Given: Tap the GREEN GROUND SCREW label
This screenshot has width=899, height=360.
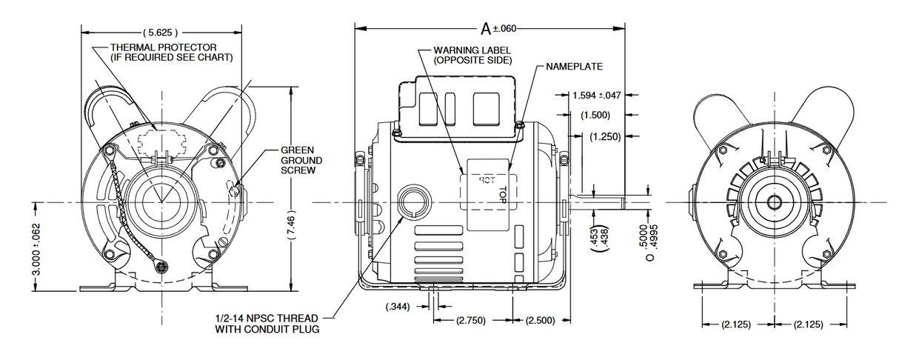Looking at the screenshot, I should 301,160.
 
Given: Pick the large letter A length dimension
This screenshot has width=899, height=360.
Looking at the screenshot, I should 486,29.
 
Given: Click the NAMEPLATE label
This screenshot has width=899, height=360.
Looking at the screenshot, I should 574,67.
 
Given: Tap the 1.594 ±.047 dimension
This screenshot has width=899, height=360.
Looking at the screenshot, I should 597,96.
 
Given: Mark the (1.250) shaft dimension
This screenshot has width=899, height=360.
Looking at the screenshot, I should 604,136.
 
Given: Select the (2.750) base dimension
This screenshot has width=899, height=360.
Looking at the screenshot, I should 472,321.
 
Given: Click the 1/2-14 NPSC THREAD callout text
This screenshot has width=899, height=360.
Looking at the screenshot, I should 267,323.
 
